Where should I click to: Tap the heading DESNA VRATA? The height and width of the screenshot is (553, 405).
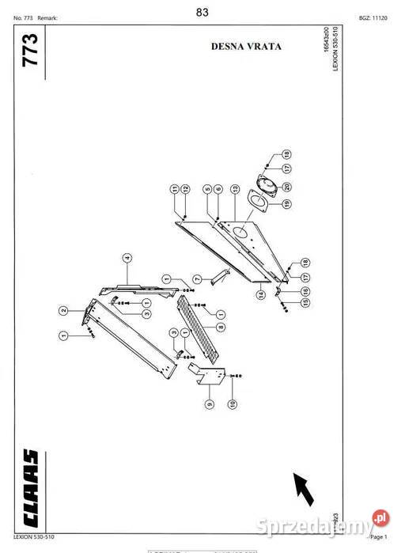[246, 46]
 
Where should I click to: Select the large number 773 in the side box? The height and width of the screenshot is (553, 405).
[32, 51]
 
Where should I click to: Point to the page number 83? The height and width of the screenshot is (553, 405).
[202, 11]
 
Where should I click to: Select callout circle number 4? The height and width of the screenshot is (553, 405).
[125, 257]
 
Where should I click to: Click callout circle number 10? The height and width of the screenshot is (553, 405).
[232, 403]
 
